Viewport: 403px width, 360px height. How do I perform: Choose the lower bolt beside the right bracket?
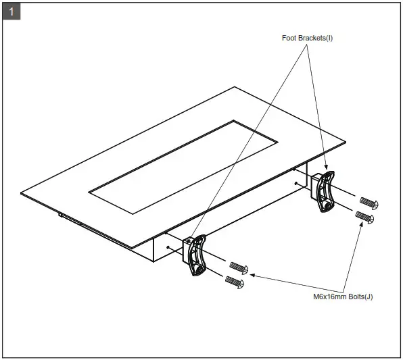[364, 217]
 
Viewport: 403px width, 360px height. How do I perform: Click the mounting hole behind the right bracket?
[297, 182]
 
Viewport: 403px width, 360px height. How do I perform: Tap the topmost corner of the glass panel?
[235, 87]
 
